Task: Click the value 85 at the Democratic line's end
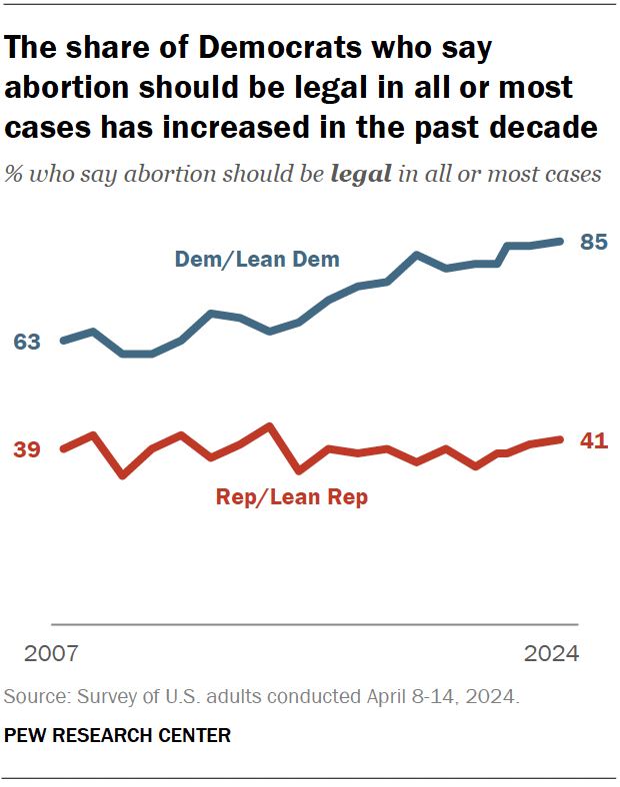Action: (594, 243)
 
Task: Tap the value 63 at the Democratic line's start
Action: (26, 343)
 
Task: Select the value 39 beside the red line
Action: (26, 449)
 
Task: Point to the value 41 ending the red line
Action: (594, 440)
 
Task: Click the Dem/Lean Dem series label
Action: (257, 260)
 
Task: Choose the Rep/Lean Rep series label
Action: (292, 496)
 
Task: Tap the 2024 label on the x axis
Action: (551, 654)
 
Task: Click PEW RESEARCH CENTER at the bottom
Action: (118, 736)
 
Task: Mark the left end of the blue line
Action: (63, 341)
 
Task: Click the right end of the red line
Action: (562, 439)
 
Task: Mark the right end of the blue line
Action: (562, 241)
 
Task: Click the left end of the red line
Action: (63, 448)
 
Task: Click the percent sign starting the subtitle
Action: (14, 174)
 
